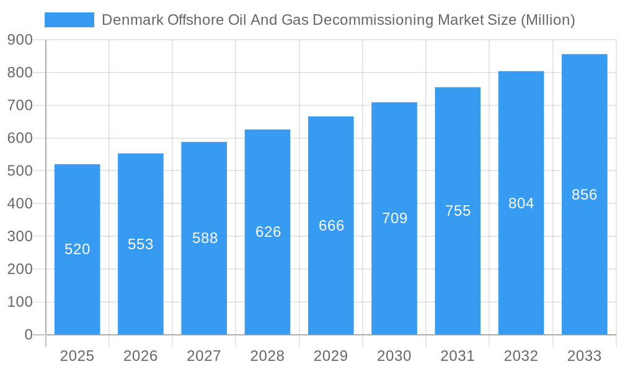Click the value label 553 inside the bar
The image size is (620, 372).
pos(141,244)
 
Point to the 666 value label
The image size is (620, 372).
pos(331,226)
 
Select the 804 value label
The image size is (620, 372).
pos(521,203)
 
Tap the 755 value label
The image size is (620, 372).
pos(458,211)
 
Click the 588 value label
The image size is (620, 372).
pos(205,238)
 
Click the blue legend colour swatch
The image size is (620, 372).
pos(69,20)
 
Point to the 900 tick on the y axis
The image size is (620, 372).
pos(20,40)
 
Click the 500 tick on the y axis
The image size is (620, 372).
pos(20,170)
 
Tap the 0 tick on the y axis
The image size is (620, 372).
pos(28,335)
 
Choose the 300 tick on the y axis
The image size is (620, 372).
pos(20,236)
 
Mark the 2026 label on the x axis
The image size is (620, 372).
pos(141,356)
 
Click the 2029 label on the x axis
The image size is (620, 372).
pos(331,356)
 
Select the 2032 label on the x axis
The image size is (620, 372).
pos(521,356)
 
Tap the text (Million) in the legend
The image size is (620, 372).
pos(547,20)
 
